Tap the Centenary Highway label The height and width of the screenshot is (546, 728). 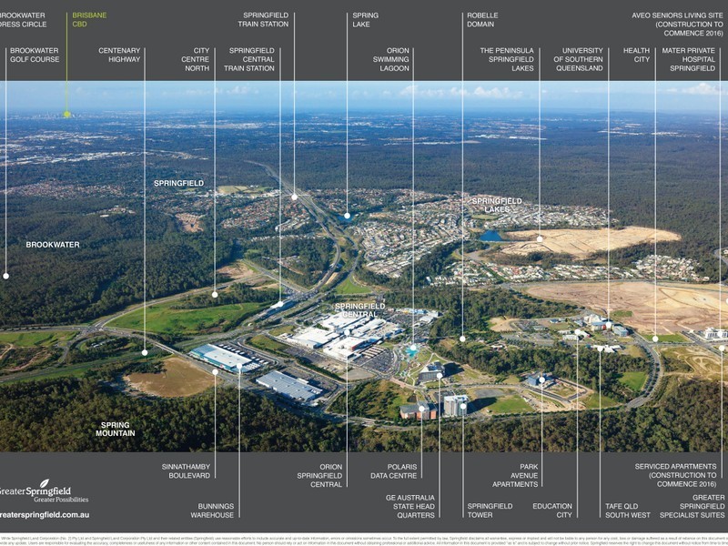point(119,55)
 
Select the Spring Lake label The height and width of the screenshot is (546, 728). point(365,19)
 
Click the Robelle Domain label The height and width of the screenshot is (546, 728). point(482,19)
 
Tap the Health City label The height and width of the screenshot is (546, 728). point(636,55)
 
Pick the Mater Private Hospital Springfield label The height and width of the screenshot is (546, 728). point(692,59)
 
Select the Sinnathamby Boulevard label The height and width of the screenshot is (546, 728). point(188,470)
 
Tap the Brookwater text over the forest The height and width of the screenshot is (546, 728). point(53,245)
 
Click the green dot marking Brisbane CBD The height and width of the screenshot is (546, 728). point(66,114)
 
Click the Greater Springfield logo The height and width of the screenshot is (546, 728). point(45,490)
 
